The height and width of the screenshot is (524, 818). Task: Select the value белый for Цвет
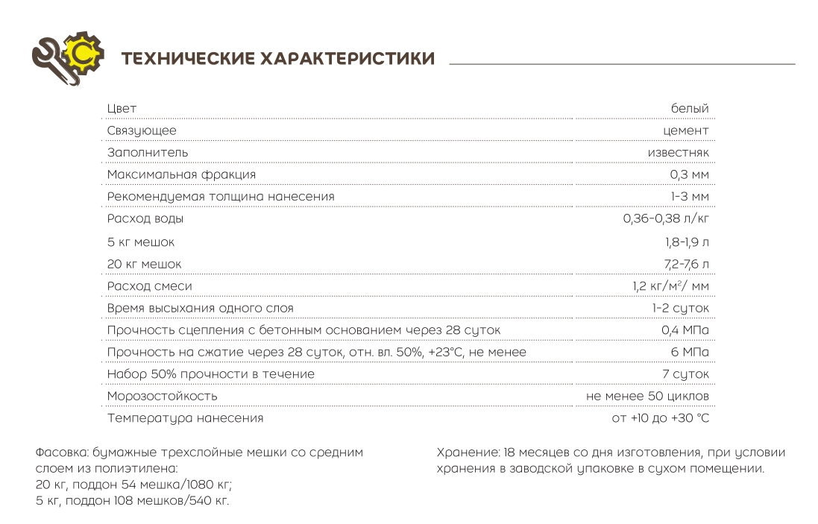tap(690, 109)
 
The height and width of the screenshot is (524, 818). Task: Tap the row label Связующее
tap(142, 131)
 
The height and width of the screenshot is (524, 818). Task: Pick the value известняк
tap(678, 153)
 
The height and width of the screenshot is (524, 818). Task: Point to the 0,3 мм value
tap(689, 174)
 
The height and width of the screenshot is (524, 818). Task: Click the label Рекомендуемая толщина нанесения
tap(221, 196)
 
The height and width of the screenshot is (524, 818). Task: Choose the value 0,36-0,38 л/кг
tap(666, 219)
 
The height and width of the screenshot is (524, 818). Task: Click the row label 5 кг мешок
tap(141, 242)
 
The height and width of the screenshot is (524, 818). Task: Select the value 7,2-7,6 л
tap(687, 265)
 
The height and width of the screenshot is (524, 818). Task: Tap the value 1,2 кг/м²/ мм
tap(670, 286)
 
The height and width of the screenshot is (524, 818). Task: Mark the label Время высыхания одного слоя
tap(200, 308)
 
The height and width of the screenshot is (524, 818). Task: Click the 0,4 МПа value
tap(685, 330)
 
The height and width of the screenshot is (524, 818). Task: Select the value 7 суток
tap(685, 373)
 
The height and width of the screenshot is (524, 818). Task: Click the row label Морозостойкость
tap(163, 396)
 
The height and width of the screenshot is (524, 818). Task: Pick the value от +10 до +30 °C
tap(660, 418)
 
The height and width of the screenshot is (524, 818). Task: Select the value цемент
tap(685, 131)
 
